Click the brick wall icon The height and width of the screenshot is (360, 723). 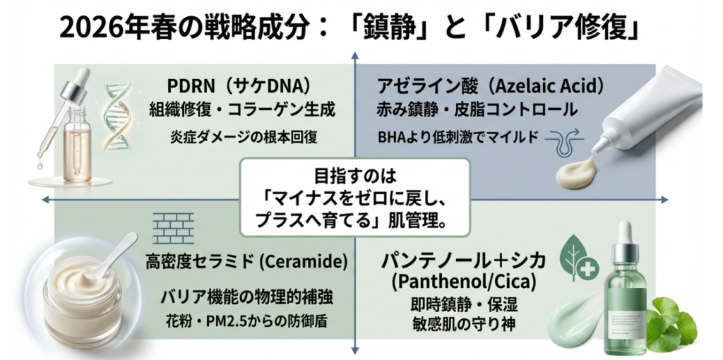pos(173,227)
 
